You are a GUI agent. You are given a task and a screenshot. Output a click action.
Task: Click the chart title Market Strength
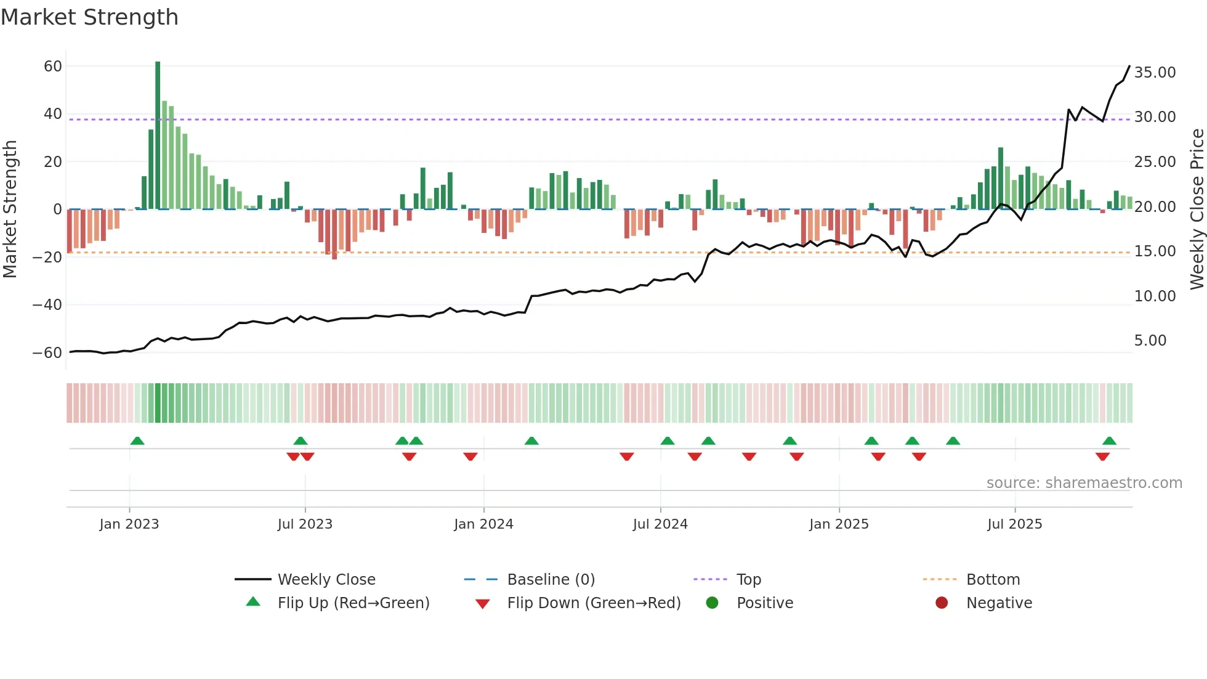point(89,17)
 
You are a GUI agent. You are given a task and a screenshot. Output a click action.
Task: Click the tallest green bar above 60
point(158,135)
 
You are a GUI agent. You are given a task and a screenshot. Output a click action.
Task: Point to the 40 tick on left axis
point(53,114)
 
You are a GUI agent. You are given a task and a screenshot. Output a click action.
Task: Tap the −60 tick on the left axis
point(47,353)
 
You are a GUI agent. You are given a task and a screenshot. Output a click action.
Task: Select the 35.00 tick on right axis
point(1155,73)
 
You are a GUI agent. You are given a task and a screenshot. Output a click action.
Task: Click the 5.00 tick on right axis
point(1150,341)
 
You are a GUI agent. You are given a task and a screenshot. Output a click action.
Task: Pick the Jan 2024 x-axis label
point(483,524)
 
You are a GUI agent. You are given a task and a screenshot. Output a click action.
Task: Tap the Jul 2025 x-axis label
point(1014,524)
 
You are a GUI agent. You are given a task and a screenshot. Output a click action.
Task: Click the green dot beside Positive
point(712,603)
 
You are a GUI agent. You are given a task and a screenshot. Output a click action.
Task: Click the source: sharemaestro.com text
point(1084,483)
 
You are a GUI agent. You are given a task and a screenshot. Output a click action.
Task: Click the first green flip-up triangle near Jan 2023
point(137,441)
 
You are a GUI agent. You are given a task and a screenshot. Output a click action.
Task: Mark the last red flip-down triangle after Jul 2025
point(1102,457)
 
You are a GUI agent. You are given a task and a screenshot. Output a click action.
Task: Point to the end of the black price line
point(1129,66)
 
